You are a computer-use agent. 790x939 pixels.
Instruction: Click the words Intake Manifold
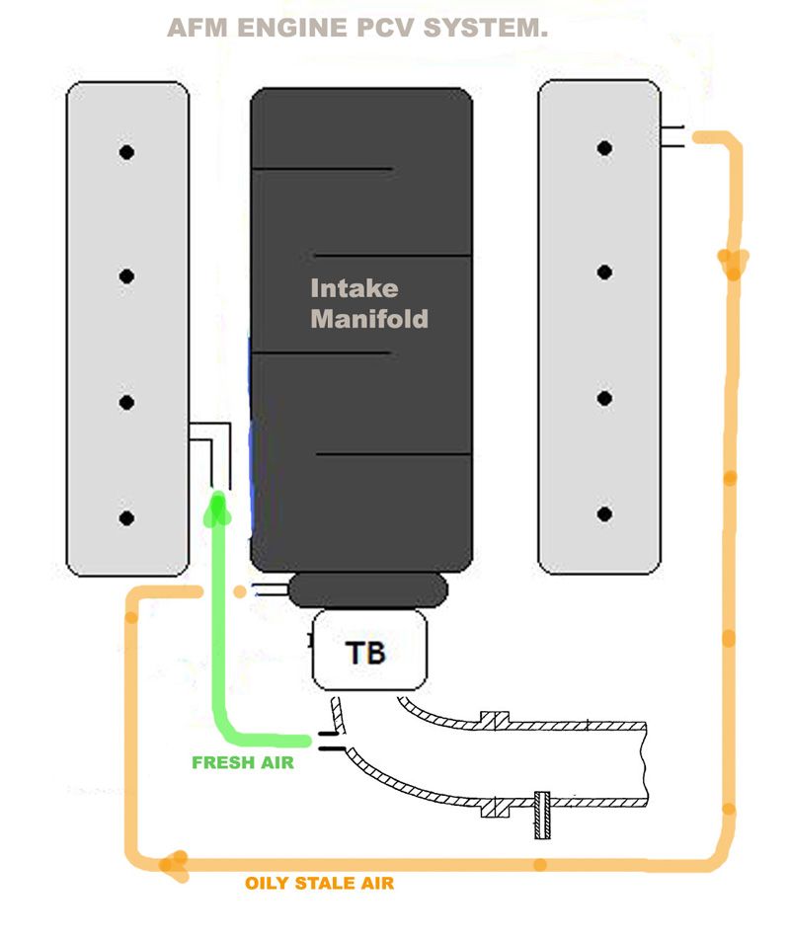pyautogui.click(x=368, y=304)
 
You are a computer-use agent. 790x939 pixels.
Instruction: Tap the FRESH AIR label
pyautogui.click(x=242, y=762)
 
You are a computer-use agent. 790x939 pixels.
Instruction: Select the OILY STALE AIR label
pyautogui.click(x=319, y=883)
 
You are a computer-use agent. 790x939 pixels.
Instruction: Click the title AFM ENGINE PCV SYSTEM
pyautogui.click(x=356, y=29)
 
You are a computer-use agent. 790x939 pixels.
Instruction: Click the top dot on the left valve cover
pyautogui.click(x=126, y=152)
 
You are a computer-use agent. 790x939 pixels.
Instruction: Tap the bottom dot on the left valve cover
pyautogui.click(x=126, y=518)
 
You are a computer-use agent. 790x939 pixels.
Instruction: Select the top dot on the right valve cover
pyautogui.click(x=604, y=148)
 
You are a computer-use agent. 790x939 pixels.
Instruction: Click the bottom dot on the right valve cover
pyautogui.click(x=604, y=513)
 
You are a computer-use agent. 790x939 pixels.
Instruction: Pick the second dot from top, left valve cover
pyautogui.click(x=126, y=276)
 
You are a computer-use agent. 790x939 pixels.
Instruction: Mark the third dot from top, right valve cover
pyautogui.click(x=604, y=397)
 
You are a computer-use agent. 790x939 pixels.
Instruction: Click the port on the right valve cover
pyautogui.click(x=673, y=137)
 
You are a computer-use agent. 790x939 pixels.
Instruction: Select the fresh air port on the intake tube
pyautogui.click(x=330, y=743)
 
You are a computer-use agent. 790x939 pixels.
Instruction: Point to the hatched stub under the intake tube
pyautogui.click(x=540, y=815)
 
